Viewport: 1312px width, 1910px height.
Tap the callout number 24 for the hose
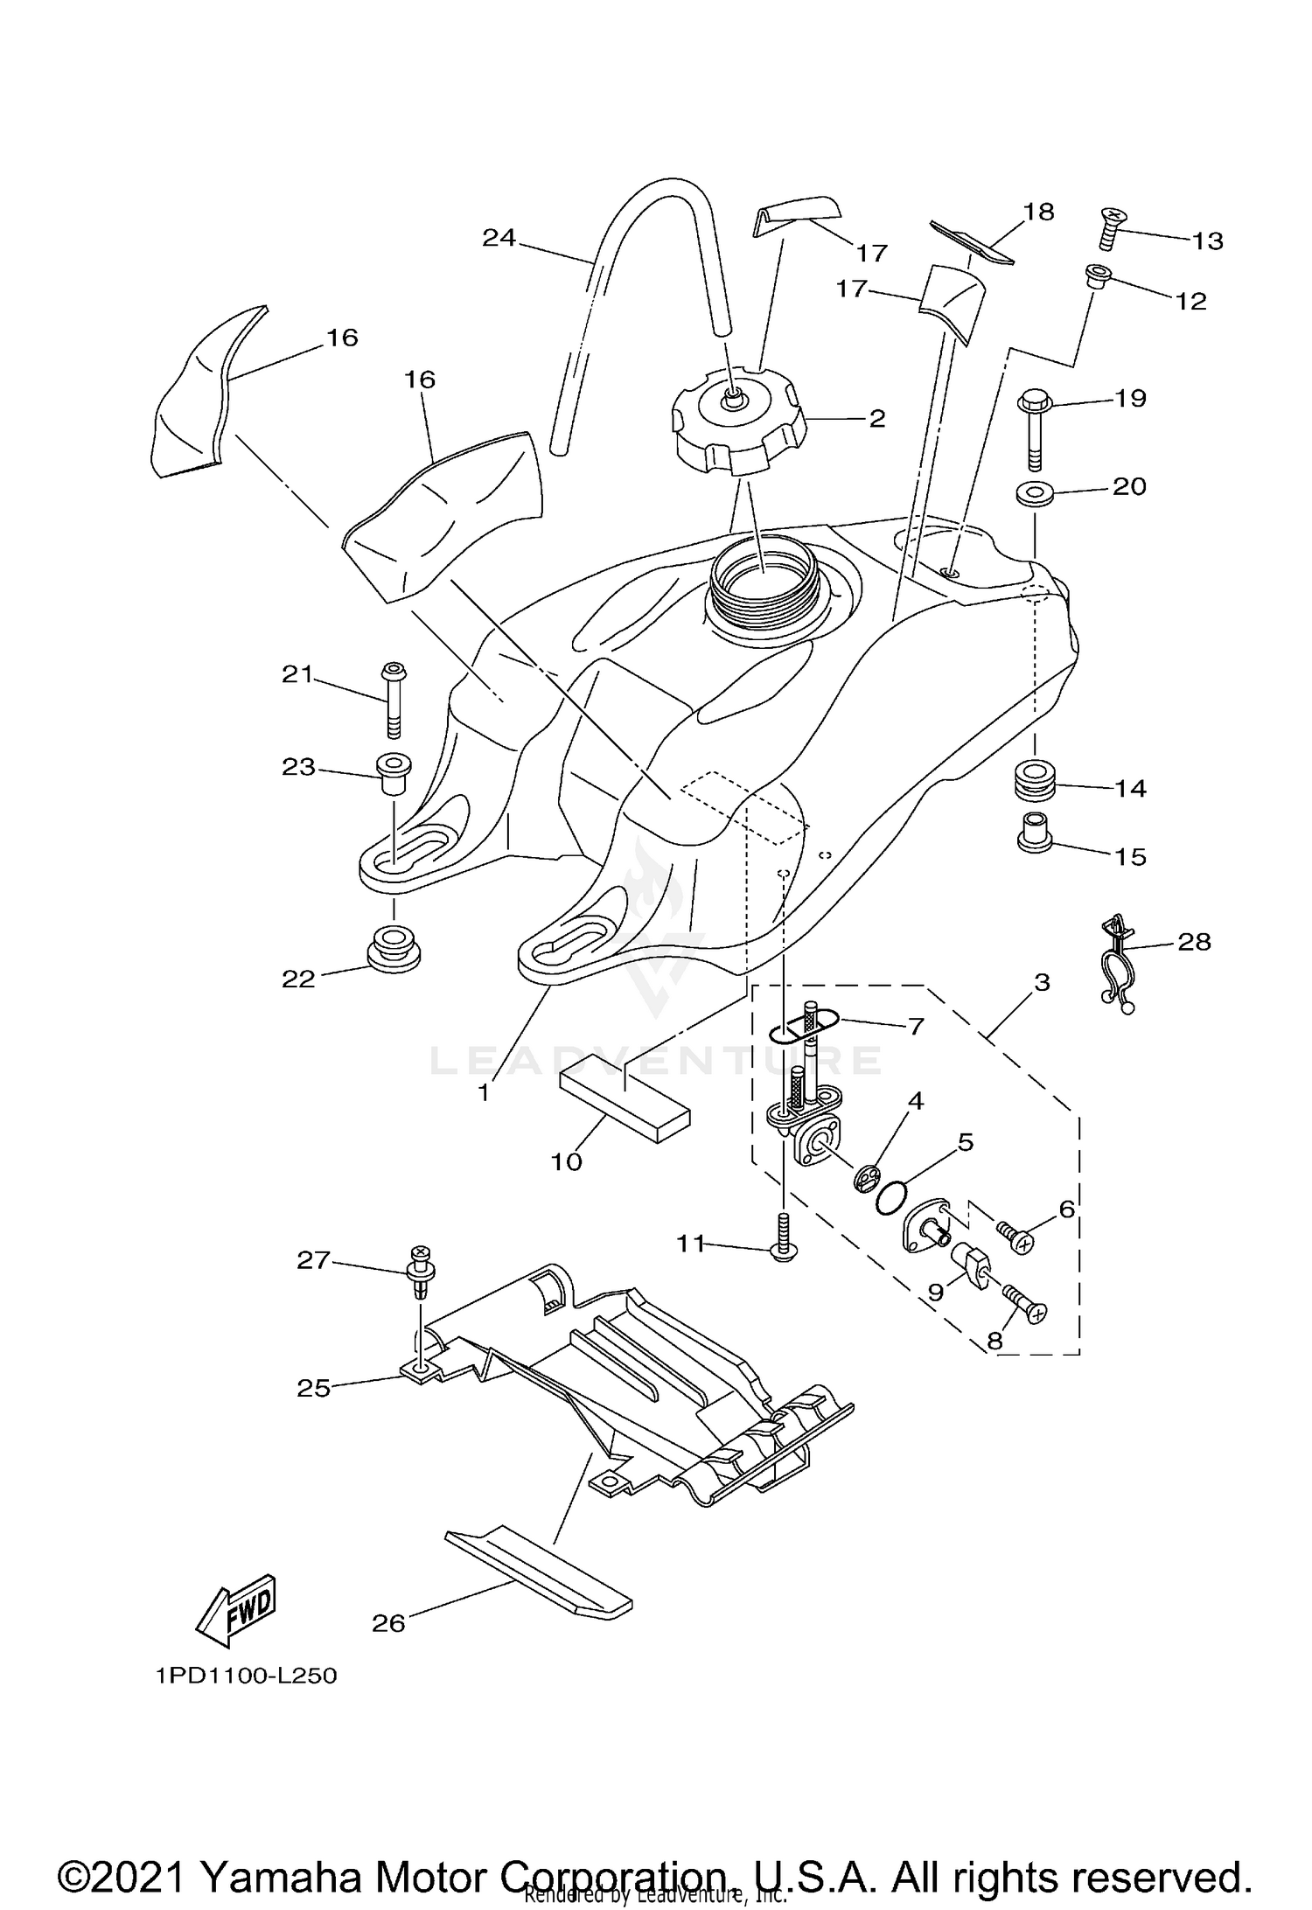[x=499, y=238]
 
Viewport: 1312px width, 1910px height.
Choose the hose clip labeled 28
[x=1116, y=964]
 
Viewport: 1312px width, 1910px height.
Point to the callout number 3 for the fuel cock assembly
[x=1041, y=982]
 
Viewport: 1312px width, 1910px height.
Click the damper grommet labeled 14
[x=1035, y=778]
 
